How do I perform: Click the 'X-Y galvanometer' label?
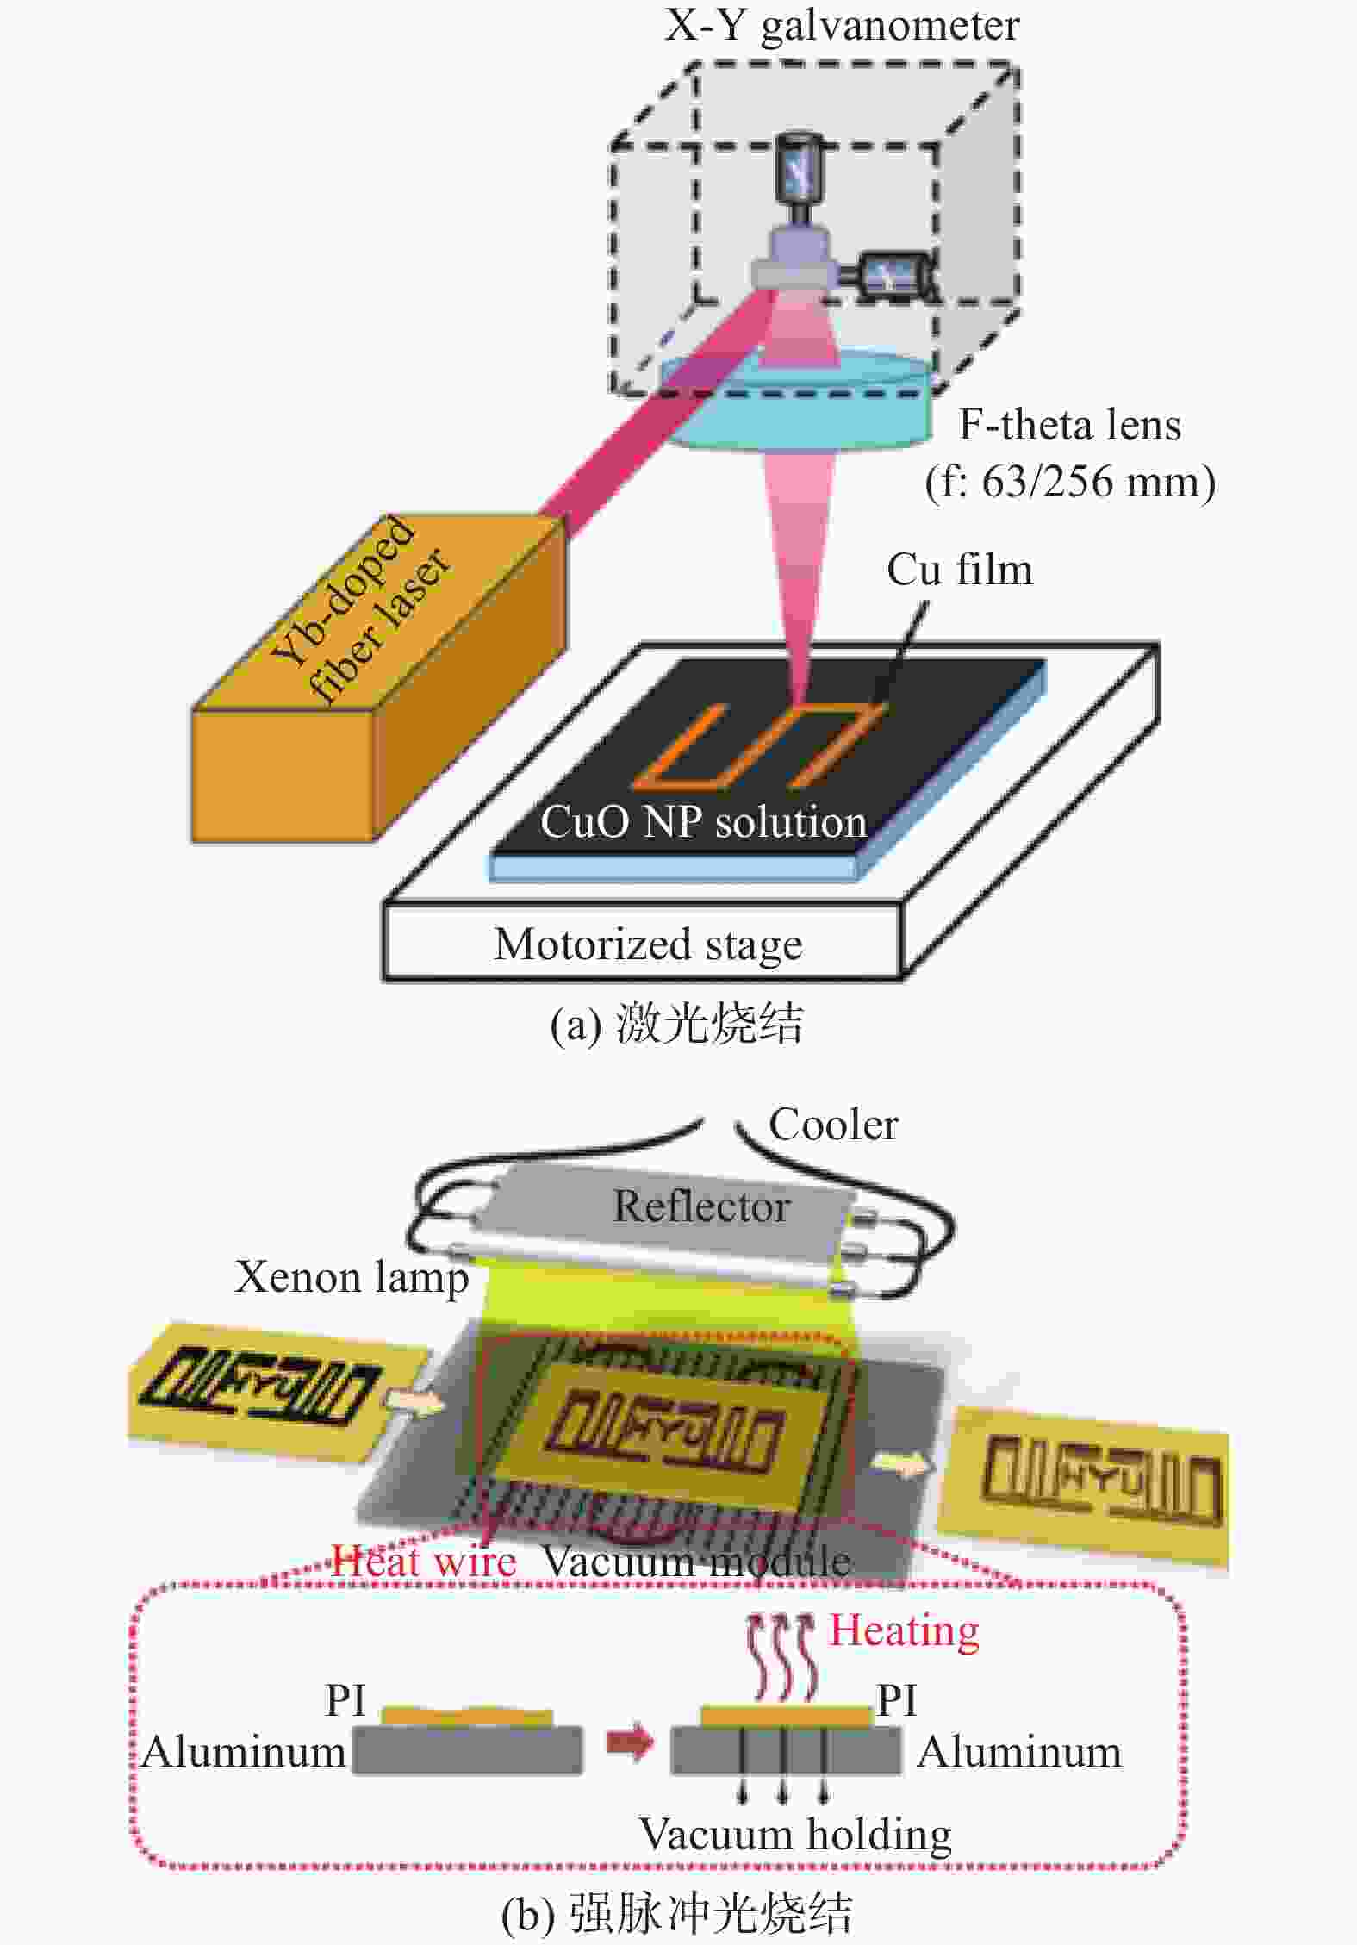click(842, 26)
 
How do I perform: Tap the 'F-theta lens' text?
click(1069, 425)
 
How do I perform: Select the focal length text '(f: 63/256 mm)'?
click(1069, 481)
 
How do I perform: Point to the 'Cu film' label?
click(959, 570)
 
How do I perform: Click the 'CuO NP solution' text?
click(702, 821)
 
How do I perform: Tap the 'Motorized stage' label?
click(648, 944)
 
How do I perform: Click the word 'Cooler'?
click(833, 1125)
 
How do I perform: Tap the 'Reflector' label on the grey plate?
click(701, 1206)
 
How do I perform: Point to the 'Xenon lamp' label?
click(352, 1276)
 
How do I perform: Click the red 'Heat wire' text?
click(424, 1561)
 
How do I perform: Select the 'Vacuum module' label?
click(696, 1561)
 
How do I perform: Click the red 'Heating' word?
click(904, 1630)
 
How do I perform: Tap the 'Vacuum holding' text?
click(794, 1834)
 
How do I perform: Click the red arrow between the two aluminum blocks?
click(629, 1742)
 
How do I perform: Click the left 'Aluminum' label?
click(244, 1752)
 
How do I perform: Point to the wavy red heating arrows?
click(781, 1657)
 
